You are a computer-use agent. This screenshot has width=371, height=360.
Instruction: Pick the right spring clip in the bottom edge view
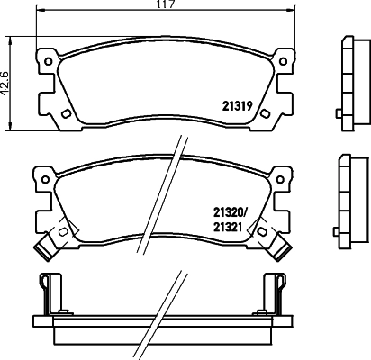point(278,292)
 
